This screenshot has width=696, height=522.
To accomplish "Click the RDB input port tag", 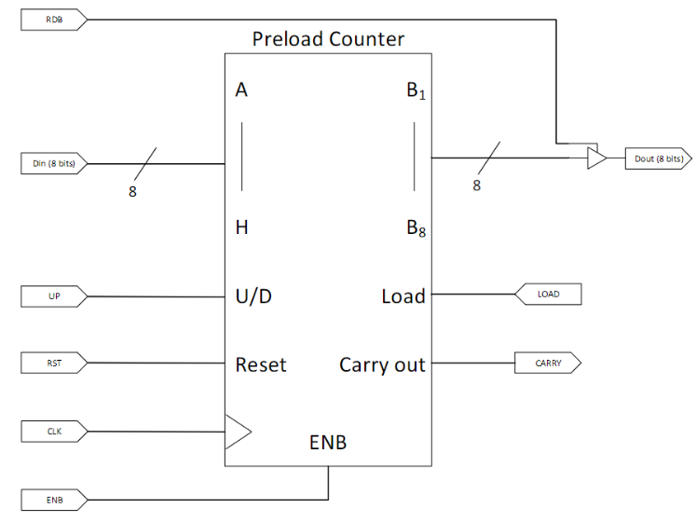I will point(54,19).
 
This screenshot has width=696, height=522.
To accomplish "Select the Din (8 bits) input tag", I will point(54,164).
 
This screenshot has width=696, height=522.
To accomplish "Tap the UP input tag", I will point(54,296).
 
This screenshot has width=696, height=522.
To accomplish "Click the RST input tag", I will point(54,363).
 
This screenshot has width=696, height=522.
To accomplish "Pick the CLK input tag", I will point(54,431).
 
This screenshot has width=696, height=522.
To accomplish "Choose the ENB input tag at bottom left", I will point(54,499).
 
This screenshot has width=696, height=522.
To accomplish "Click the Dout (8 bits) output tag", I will point(657,159).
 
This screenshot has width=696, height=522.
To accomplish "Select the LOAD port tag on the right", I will point(549,295).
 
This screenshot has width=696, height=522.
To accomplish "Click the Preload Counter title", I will point(328,40).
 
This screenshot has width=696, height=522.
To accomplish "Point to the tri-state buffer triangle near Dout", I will point(595,159).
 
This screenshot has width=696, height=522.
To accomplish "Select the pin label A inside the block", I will point(241,90).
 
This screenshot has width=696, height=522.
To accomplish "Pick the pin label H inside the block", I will point(241,227).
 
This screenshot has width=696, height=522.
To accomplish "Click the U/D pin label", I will point(252,296).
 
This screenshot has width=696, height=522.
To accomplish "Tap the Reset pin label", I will point(261,364).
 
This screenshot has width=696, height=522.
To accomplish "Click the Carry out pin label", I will point(382,364).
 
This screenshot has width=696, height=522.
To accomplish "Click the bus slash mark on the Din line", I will point(143,163).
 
